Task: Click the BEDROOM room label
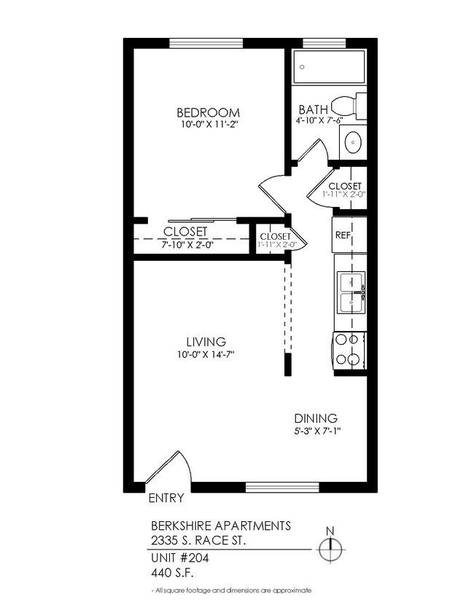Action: click(x=208, y=112)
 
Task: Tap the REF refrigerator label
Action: click(x=343, y=235)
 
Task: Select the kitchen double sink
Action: click(x=351, y=290)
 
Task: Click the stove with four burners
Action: click(x=349, y=348)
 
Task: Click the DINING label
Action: click(x=316, y=418)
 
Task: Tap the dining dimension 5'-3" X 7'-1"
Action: click(x=316, y=431)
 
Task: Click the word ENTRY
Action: click(x=166, y=499)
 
